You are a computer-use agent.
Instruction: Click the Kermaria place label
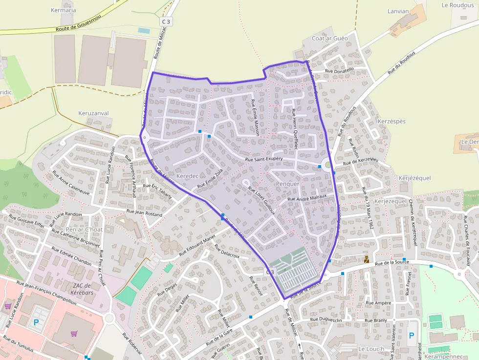tap(64, 10)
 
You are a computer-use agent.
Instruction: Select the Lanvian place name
tap(398, 11)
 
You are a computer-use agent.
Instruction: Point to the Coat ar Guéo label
tap(330, 38)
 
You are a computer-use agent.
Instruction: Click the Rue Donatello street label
tap(339, 71)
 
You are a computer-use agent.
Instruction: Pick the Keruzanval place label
tap(93, 113)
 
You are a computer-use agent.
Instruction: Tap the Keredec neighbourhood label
tap(187, 176)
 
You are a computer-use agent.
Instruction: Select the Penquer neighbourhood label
tap(287, 184)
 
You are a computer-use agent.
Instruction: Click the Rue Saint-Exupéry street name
tap(264, 160)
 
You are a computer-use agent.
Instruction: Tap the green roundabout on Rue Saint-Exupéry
tap(328, 165)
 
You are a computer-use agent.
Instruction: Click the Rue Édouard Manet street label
tap(197, 246)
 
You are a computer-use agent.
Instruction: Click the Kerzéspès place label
tap(392, 121)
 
